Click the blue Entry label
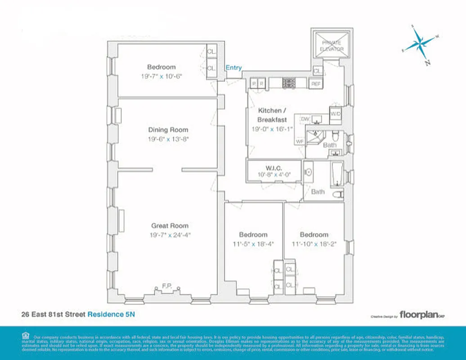233,68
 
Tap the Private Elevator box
332,45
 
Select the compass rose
421,44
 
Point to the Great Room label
170,226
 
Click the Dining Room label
168,130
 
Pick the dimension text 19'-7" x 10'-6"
161,76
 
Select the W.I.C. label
273,168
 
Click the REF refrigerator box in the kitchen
316,83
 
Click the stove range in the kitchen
288,83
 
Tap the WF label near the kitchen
300,141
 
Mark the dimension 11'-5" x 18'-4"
253,243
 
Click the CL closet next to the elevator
317,71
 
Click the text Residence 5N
111,314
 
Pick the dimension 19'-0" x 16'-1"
272,129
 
